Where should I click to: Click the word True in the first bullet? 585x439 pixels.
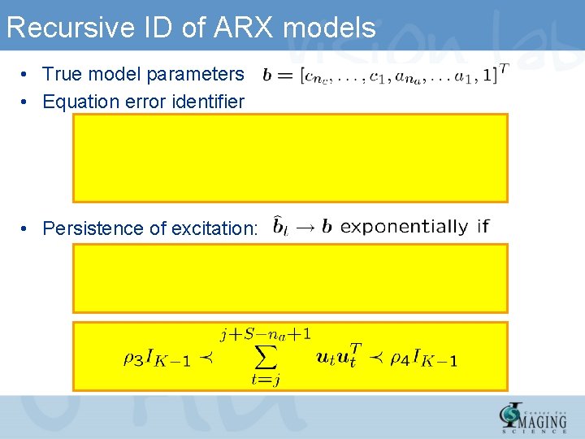pyautogui.click(x=59, y=74)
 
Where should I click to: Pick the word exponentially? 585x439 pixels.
pyautogui.click(x=404, y=227)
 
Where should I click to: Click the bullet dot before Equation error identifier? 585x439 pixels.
pyautogui.click(x=27, y=102)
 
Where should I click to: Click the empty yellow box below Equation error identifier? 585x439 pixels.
pyautogui.click(x=290, y=158)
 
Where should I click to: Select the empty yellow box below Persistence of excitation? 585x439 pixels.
pyautogui.click(x=290, y=278)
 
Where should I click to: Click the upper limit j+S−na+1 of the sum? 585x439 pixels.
pyautogui.click(x=266, y=333)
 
